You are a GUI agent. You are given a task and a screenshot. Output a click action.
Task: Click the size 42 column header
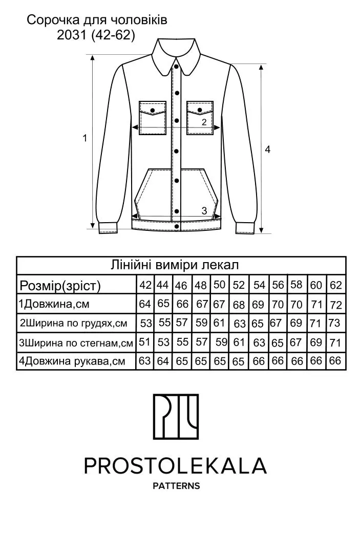click(145, 285)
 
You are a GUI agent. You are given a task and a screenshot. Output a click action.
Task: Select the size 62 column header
click(336, 285)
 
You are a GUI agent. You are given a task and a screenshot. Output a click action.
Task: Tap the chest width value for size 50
click(219, 323)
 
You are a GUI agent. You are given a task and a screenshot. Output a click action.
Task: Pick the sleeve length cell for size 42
click(145, 360)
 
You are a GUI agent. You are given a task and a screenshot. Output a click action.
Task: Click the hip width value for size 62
click(335, 342)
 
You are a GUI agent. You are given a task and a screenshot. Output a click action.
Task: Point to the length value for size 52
click(239, 305)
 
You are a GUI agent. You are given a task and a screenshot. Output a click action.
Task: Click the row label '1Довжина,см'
click(54, 304)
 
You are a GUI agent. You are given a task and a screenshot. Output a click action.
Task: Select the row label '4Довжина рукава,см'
click(72, 361)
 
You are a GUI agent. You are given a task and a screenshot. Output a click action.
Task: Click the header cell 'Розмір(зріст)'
click(60, 285)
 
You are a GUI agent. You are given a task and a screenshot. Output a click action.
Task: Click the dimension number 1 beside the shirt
click(84, 138)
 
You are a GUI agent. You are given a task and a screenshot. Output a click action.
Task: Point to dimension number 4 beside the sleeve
click(267, 149)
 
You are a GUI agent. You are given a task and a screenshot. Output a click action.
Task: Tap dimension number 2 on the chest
click(204, 122)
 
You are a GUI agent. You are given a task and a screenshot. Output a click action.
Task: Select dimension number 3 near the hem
click(204, 210)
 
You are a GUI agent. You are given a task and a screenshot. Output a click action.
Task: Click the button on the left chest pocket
click(153, 110)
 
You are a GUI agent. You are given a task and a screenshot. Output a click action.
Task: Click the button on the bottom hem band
click(177, 226)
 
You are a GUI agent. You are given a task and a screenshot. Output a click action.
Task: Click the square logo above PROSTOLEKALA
click(176, 417)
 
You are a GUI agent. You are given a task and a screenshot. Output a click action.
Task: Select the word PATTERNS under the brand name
click(176, 486)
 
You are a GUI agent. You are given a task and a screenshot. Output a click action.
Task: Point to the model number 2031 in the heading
click(71, 35)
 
